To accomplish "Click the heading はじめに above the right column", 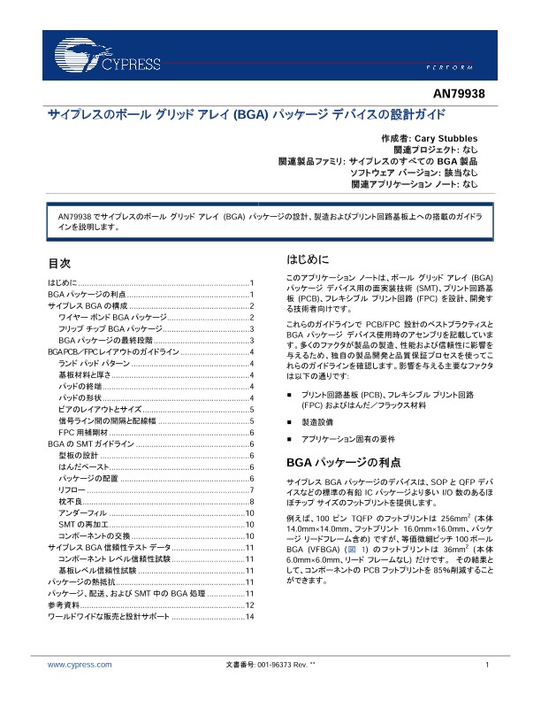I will [x=308, y=260].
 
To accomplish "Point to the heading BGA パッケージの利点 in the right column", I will [x=344, y=462].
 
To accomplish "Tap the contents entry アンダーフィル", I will [x=82, y=513].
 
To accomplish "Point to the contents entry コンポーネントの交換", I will [x=95, y=536].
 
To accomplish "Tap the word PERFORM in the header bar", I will [x=460, y=67].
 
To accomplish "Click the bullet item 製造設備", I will [x=317, y=421].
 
